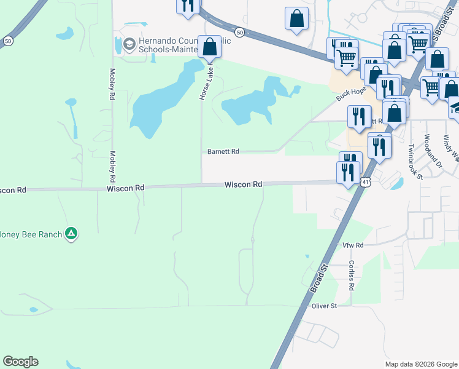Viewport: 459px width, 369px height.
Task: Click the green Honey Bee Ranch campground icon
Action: pyautogui.click(x=71, y=234)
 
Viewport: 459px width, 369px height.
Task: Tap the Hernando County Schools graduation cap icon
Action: pyautogui.click(x=129, y=44)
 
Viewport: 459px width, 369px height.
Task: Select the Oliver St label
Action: pyautogui.click(x=325, y=306)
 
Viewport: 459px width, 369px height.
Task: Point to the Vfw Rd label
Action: pyautogui.click(x=353, y=245)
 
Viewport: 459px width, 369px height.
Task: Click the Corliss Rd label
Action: pyautogui.click(x=352, y=275)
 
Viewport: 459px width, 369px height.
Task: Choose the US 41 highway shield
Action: pyautogui.click(x=366, y=183)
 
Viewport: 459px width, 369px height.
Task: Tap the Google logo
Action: pyautogui.click(x=20, y=362)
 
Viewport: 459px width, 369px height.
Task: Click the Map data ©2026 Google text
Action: pyautogui.click(x=420, y=363)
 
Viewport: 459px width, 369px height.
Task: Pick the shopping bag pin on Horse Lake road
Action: pyautogui.click(x=209, y=47)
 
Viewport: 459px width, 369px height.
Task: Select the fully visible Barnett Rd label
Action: pyautogui.click(x=222, y=151)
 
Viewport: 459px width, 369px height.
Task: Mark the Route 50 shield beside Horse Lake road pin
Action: pyautogui.click(x=240, y=32)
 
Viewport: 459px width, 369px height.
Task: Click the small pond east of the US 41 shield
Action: pyautogui.click(x=396, y=183)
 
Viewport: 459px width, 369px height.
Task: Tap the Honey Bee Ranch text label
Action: pyautogui.click(x=31, y=234)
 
